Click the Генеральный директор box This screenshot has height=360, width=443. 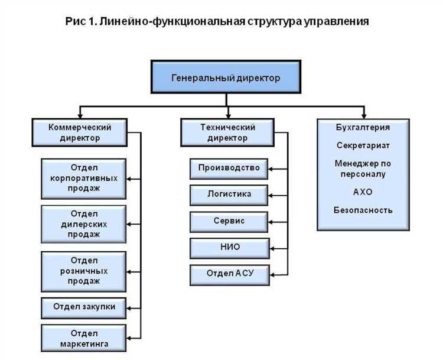226,78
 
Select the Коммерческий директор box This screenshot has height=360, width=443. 80,132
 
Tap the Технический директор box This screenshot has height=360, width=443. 227,132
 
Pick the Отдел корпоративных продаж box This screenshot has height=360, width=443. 83,178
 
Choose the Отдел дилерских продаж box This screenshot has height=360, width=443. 83,223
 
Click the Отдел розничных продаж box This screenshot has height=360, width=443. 83,271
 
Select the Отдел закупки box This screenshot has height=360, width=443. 83,307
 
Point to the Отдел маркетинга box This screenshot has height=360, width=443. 83,338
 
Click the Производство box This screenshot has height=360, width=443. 229,168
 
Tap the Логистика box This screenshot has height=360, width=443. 229,194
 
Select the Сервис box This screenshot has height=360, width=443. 229,220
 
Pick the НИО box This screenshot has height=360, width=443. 229,247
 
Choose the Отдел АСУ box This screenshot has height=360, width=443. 229,274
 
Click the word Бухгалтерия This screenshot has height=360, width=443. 363,127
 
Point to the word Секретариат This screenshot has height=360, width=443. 363,145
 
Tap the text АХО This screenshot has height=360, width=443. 363,192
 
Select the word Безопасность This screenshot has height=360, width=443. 363,210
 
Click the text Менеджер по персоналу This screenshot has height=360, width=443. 363,168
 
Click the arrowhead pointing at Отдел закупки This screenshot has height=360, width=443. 131,307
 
